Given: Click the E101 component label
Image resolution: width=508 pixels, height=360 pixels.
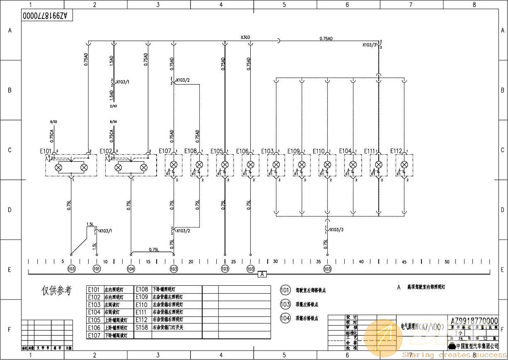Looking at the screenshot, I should (45, 151).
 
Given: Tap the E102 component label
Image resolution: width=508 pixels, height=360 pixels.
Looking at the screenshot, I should (106, 151).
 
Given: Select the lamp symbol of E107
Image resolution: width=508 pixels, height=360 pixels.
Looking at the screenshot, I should (174, 165).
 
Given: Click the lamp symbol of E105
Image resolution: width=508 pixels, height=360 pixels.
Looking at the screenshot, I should (225, 165).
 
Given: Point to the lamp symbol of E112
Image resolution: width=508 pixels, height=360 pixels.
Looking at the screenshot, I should (404, 165).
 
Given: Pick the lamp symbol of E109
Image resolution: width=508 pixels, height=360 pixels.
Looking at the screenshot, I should (302, 165).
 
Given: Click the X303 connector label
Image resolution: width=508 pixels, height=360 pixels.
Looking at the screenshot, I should (245, 37).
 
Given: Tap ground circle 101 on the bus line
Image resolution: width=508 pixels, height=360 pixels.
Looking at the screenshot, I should (97, 269).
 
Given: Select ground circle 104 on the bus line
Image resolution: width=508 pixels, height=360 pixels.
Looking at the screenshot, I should (131, 269).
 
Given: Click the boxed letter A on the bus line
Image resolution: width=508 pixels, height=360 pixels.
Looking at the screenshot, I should (262, 274).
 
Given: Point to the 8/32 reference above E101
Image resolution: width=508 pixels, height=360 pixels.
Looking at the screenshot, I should (53, 122).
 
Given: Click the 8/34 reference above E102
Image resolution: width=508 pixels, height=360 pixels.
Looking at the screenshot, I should (114, 122).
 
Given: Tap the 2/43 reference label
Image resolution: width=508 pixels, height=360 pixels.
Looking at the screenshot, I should (114, 106).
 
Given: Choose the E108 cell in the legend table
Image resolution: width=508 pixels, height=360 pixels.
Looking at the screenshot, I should (142, 289).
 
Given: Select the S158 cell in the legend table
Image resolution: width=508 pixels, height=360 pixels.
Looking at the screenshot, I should (142, 327).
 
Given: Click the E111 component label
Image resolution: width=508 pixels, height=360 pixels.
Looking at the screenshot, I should (370, 151).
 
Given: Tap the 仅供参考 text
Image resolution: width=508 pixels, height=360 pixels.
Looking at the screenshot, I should (57, 291).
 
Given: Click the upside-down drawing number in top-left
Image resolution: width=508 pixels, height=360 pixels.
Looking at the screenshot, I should (48, 16).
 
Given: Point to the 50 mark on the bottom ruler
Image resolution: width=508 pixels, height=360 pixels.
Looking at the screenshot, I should (447, 262).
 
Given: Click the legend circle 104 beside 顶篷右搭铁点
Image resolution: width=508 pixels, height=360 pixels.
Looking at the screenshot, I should (285, 318).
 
